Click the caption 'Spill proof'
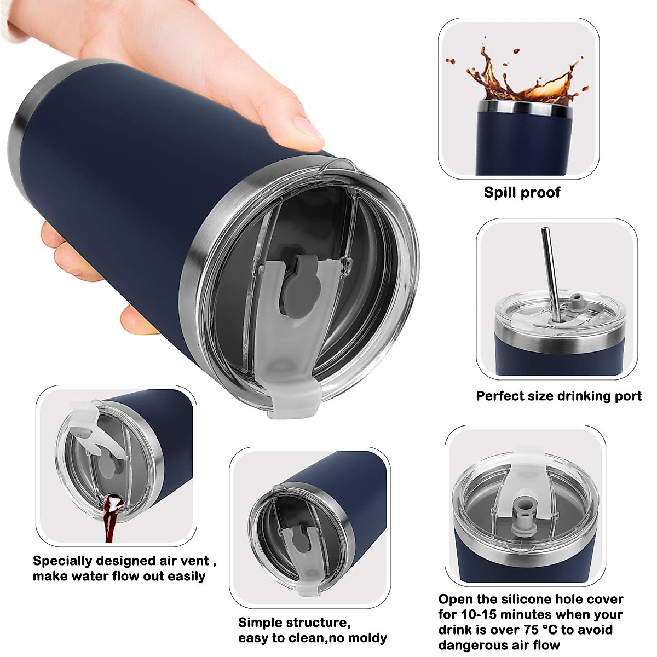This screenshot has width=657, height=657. (522, 193)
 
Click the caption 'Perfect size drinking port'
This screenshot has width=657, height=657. (558, 396)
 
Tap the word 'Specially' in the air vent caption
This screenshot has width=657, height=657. (62, 561)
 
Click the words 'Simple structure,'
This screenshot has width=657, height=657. (294, 623)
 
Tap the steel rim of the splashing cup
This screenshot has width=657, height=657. (525, 108)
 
